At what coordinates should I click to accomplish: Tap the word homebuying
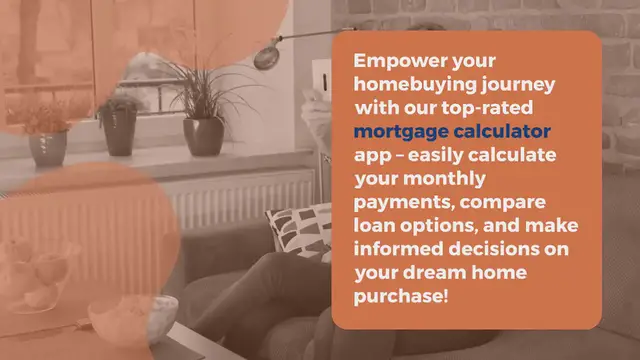tap(410, 85)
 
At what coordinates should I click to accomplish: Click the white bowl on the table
tap(117, 318)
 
